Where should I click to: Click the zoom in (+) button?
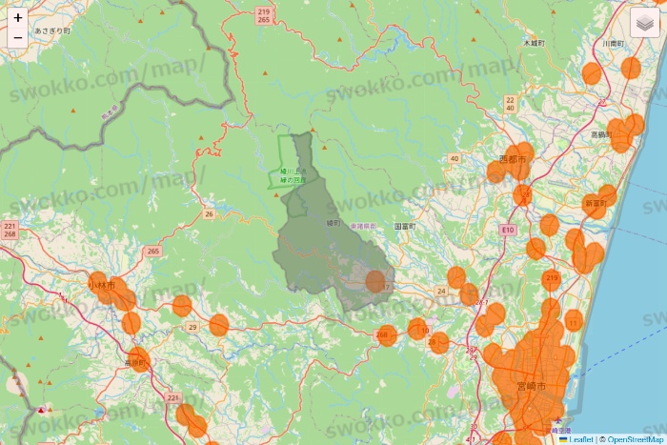click(18, 17)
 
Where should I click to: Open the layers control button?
click(648, 22)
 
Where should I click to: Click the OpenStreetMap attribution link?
click(632, 439)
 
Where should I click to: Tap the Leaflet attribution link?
click(579, 439)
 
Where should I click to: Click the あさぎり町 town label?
click(52, 31)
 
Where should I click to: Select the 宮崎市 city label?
click(531, 386)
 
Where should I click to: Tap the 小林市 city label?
click(101, 285)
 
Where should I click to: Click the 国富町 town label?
click(405, 227)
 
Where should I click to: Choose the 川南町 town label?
click(613, 44)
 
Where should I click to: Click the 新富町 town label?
click(596, 203)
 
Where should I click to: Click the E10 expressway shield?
click(508, 231)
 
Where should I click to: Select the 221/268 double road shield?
click(10, 230)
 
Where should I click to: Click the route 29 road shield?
click(192, 327)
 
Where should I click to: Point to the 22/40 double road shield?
click(511, 104)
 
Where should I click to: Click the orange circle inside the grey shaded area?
click(375, 281)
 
